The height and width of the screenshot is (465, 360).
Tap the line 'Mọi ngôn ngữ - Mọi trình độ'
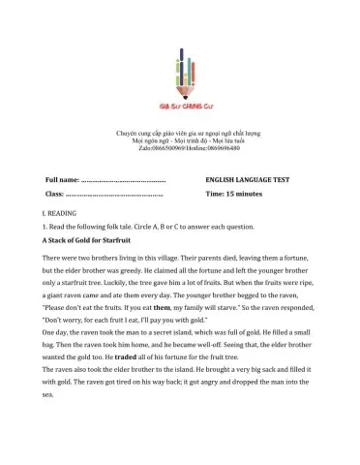click(x=179, y=139)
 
